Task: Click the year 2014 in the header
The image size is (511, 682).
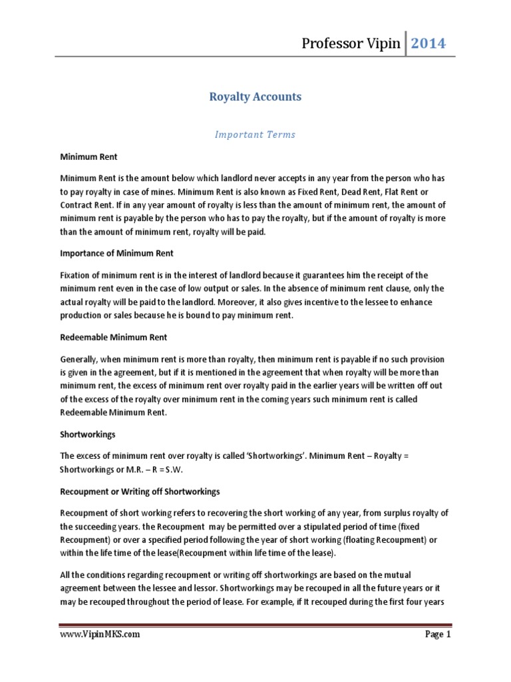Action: pyautogui.click(x=428, y=44)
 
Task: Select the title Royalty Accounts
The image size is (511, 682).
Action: pyautogui.click(x=255, y=97)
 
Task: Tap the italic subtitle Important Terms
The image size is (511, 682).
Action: pyautogui.click(x=255, y=135)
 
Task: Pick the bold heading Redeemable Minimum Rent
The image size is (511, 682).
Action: pyautogui.click(x=113, y=338)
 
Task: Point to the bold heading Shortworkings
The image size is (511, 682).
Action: pyautogui.click(x=88, y=434)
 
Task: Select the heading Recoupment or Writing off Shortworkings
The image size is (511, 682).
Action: pyautogui.click(x=140, y=492)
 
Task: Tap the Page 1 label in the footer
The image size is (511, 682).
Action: pyautogui.click(x=438, y=635)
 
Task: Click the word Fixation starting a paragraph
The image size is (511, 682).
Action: pyautogui.click(x=77, y=275)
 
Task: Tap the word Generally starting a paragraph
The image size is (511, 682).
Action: pyautogui.click(x=82, y=358)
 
